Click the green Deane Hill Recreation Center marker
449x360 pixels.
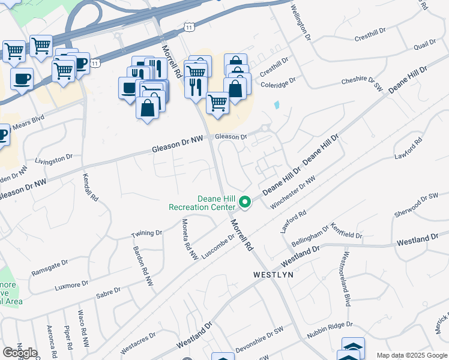tap(245, 203)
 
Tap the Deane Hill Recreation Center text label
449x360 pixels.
tap(202, 203)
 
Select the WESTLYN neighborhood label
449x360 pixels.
tap(273, 274)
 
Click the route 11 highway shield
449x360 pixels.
tap(190, 28)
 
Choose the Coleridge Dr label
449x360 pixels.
tap(278, 82)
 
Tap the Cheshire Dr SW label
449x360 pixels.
tap(362, 83)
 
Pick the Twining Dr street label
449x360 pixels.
tap(147, 233)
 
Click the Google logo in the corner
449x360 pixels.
tap(20, 353)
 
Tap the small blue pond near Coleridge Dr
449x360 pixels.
tap(277, 104)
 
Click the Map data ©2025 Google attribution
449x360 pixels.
tap(411, 355)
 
